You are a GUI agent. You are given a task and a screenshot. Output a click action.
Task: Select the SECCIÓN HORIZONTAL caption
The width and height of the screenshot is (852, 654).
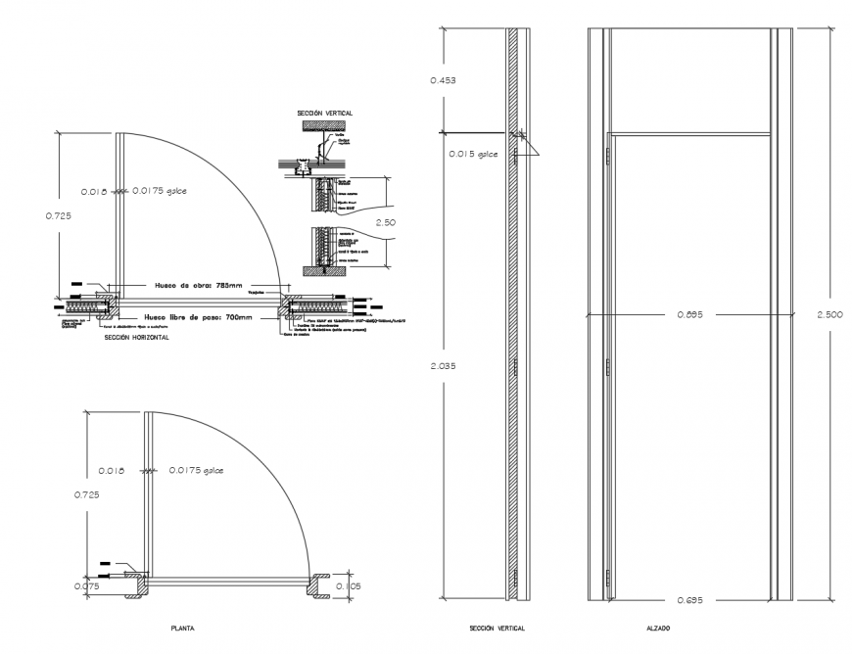pyautogui.click(x=136, y=337)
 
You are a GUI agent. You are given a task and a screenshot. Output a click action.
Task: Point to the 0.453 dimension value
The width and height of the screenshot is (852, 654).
pyautogui.click(x=444, y=79)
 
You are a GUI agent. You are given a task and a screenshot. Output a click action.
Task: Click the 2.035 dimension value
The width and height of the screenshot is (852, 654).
pyautogui.click(x=444, y=365)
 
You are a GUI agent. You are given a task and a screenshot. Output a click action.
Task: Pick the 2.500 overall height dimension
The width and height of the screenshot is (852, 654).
pyautogui.click(x=829, y=314)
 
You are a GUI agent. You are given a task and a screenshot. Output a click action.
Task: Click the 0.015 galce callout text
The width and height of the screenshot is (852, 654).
pyautogui.click(x=474, y=154)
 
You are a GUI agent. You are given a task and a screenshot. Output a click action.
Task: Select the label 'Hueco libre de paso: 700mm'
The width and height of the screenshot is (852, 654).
pyautogui.click(x=197, y=317)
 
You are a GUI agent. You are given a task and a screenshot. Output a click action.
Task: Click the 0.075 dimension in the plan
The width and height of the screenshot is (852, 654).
pyautogui.click(x=86, y=586)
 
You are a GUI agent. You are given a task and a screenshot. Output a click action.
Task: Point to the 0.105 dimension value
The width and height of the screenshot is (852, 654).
pyautogui.click(x=348, y=586)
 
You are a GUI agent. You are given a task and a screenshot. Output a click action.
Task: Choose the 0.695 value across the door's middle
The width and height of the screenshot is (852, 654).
pyautogui.click(x=690, y=314)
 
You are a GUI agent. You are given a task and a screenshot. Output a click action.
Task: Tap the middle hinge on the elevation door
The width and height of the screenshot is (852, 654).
pyautogui.click(x=608, y=367)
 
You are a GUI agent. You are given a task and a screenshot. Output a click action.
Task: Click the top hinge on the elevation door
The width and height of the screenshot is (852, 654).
pyautogui.click(x=608, y=155)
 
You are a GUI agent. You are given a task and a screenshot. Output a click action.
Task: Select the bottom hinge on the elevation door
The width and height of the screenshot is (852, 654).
pyautogui.click(x=608, y=578)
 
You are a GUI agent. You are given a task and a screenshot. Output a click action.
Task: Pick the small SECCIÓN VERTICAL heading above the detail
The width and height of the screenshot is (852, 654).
pyautogui.click(x=325, y=114)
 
